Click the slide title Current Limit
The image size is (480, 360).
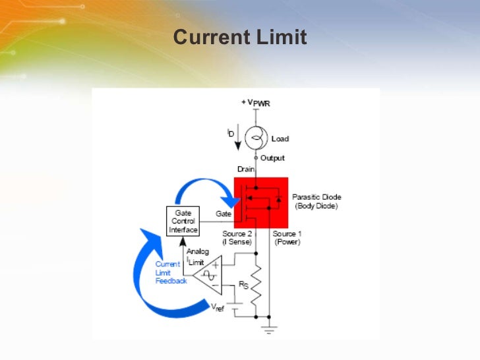(240, 38)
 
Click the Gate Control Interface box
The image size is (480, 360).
(183, 222)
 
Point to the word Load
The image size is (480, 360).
(280, 139)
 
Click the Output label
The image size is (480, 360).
(272, 158)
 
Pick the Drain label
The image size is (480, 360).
(245, 169)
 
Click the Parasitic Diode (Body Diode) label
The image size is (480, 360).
(316, 202)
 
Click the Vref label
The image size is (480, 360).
(216, 307)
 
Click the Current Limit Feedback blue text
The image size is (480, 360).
(171, 272)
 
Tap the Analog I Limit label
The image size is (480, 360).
(198, 257)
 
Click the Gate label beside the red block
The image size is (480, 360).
(224, 214)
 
